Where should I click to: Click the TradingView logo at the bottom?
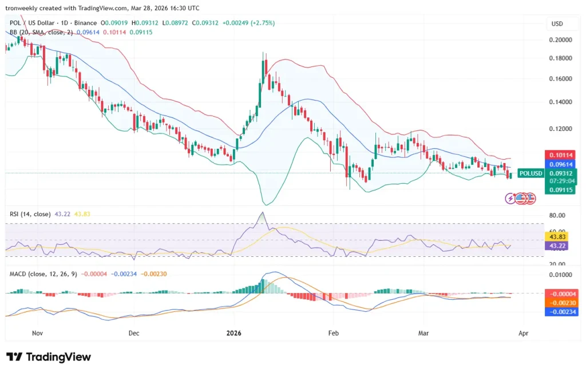(x=49, y=357)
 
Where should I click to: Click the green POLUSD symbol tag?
(x=529, y=173)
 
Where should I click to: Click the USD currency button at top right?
(x=557, y=24)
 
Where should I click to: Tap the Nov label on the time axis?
(x=38, y=332)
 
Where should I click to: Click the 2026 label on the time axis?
(x=234, y=332)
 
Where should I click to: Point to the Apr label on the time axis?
(x=526, y=332)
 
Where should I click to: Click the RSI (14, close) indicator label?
(x=30, y=213)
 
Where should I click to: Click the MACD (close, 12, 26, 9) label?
(x=43, y=273)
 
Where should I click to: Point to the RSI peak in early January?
(x=263, y=213)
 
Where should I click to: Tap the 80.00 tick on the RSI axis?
(x=558, y=216)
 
